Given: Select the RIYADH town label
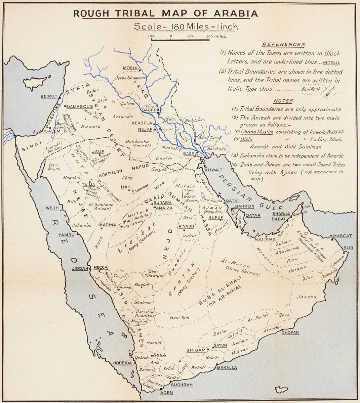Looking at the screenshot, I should [x=186, y=226].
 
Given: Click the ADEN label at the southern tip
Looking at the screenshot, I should [x=166, y=393].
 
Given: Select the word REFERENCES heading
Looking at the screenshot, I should [x=283, y=45].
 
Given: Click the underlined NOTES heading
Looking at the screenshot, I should [x=283, y=101].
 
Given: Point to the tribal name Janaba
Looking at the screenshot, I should [x=306, y=297].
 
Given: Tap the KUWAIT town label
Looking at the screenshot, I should [x=214, y=170].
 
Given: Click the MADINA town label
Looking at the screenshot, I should [x=107, y=225].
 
